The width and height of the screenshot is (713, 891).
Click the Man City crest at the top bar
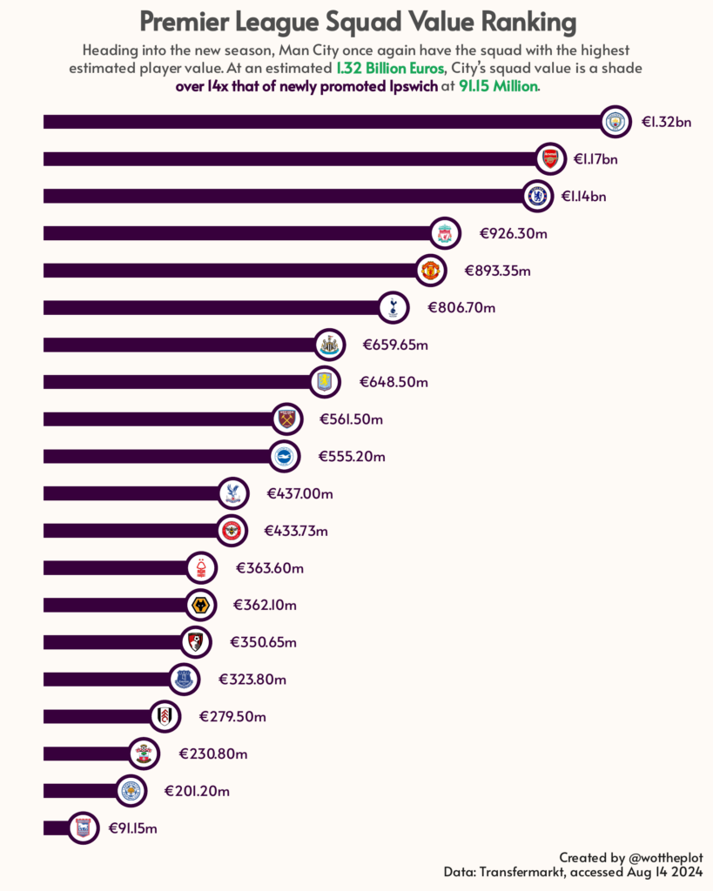point(616,122)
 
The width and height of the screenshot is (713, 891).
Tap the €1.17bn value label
point(596,159)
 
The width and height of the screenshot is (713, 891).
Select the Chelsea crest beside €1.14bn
point(538,196)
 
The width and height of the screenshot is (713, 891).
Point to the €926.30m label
point(513,233)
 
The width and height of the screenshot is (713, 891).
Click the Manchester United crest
point(430,271)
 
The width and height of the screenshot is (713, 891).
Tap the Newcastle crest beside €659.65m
point(329,345)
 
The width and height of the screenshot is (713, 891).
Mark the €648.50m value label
point(393,382)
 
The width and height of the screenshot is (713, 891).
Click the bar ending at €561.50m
point(157,419)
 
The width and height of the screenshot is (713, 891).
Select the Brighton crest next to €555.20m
point(283,456)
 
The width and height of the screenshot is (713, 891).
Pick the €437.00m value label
point(299,493)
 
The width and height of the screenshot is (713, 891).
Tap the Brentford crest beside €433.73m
point(232,530)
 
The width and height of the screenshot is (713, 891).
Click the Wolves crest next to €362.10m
point(200,604)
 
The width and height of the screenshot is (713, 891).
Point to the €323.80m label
point(252,679)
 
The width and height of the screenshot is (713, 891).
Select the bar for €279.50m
point(96,716)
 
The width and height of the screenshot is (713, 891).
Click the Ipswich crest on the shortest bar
point(84,827)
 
